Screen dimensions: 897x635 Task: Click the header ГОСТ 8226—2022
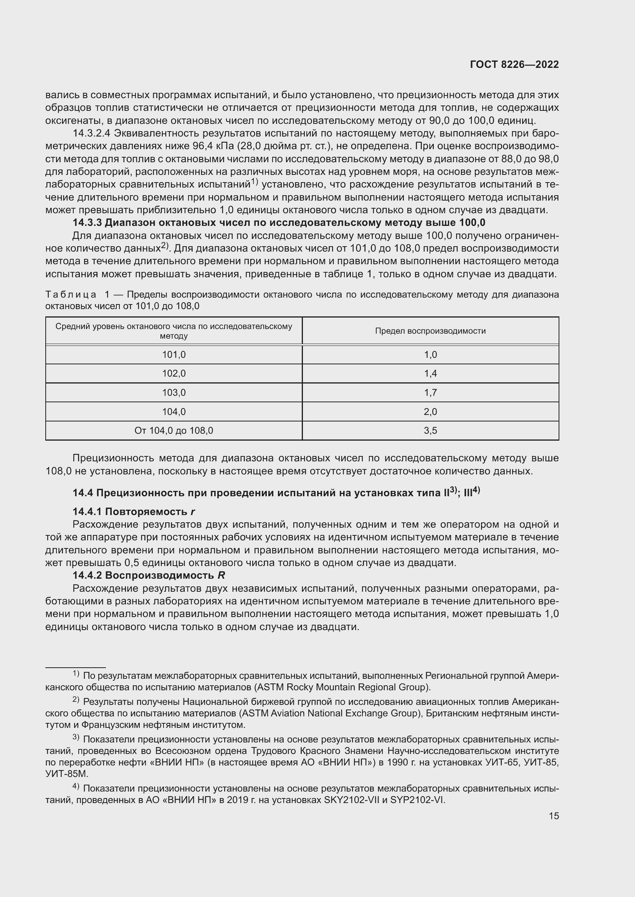pos(514,64)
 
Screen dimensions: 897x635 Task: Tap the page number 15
pos(554,816)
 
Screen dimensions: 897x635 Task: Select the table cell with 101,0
pos(174,355)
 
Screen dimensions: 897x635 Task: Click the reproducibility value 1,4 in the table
pos(430,374)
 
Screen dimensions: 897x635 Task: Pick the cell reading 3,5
pos(430,431)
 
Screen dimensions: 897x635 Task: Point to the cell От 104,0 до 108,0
pos(174,431)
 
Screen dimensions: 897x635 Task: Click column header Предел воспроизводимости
pos(430,331)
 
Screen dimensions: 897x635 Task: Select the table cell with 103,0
pos(174,393)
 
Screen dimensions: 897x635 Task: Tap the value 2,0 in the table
pos(430,411)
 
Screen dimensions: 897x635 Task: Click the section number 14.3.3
pos(87,223)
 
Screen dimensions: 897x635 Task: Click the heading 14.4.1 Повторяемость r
pos(134,512)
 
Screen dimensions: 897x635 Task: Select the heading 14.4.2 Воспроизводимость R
pos(149,575)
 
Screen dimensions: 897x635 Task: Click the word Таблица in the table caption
pos(71,295)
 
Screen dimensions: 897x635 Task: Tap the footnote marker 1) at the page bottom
pos(76,674)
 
